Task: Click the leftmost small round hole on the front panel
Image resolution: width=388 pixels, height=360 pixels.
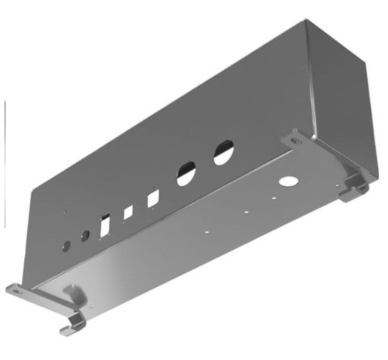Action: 66,245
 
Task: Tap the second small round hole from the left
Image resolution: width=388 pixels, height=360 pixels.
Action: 85,236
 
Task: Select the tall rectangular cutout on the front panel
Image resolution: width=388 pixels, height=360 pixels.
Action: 105,226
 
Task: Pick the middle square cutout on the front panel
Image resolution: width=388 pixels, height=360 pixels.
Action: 129,212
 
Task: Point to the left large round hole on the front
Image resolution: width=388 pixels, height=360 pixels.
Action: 186,173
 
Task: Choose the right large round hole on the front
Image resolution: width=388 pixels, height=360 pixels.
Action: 223,151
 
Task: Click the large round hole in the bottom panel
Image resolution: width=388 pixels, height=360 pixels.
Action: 288,182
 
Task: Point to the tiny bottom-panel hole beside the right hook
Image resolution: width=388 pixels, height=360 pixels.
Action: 340,183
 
